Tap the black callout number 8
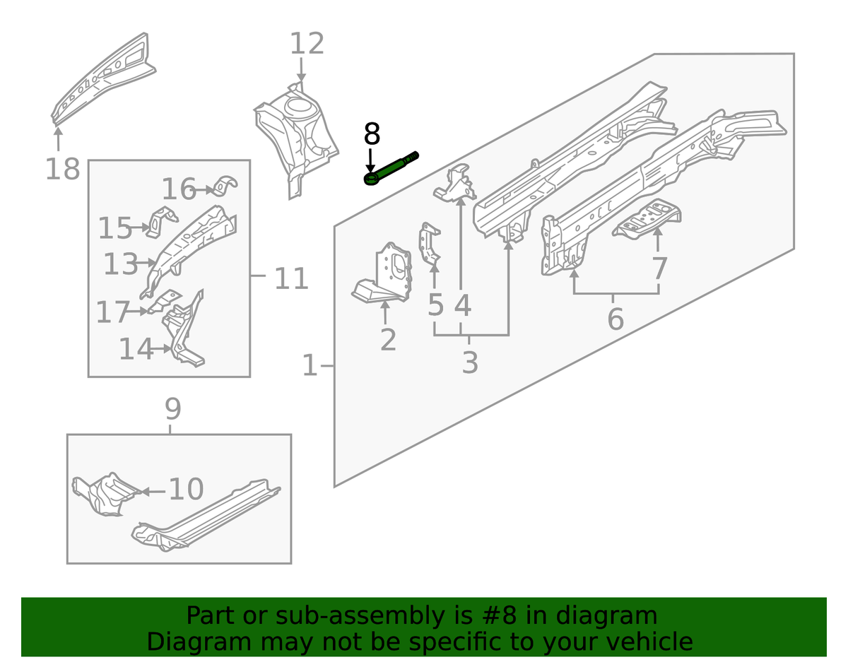click(x=372, y=134)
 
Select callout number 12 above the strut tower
click(x=307, y=45)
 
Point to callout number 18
click(x=62, y=170)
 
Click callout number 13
click(x=120, y=265)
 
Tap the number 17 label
click(x=113, y=312)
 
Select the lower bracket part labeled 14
click(x=185, y=332)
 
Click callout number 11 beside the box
click(x=291, y=279)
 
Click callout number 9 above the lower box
click(x=172, y=409)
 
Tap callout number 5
click(x=435, y=305)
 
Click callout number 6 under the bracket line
click(x=615, y=319)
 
